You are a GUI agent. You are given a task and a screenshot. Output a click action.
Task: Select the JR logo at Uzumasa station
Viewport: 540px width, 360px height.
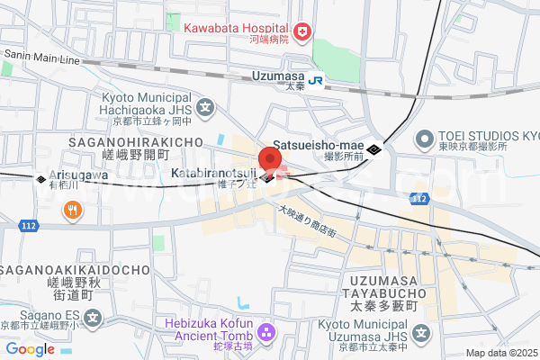[317, 79]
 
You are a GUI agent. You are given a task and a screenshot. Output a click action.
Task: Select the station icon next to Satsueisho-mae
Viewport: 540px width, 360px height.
[373, 148]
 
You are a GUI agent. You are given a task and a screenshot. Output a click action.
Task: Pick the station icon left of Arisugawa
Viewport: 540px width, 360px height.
[40, 178]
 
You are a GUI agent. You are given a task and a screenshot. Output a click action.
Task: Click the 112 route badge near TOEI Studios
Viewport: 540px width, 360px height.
[417, 197]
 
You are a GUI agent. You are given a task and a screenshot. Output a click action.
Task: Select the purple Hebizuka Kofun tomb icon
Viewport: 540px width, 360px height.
[265, 334]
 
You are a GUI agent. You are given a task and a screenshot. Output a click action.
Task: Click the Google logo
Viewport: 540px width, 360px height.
[31, 349]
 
